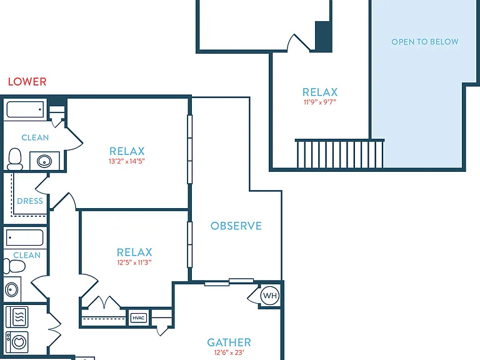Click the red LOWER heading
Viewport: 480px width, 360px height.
(27, 82)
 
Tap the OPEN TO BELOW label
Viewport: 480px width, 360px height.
(425, 42)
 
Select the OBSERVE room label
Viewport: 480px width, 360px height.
(236, 226)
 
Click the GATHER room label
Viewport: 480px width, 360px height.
(229, 342)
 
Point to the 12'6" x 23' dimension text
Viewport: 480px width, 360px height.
(229, 352)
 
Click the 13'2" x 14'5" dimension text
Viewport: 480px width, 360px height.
(127, 161)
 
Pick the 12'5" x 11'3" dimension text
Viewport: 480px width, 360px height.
(134, 262)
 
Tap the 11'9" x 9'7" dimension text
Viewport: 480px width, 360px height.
(320, 102)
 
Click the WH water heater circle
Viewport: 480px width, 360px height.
(270, 296)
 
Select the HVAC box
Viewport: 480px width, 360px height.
(138, 318)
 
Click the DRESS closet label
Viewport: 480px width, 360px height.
(30, 201)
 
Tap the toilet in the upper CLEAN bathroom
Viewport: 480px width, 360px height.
(15, 159)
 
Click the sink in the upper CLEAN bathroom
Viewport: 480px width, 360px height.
(44, 161)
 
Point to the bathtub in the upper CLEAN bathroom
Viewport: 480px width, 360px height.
(25, 109)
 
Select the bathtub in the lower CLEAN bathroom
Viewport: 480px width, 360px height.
(25, 237)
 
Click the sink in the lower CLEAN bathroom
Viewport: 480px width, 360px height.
(12, 289)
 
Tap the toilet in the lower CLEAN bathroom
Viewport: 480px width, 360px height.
(14, 266)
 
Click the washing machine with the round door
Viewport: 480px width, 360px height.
(17, 342)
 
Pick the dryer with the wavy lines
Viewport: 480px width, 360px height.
(17, 317)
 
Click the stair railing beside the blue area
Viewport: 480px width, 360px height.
(339, 153)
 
